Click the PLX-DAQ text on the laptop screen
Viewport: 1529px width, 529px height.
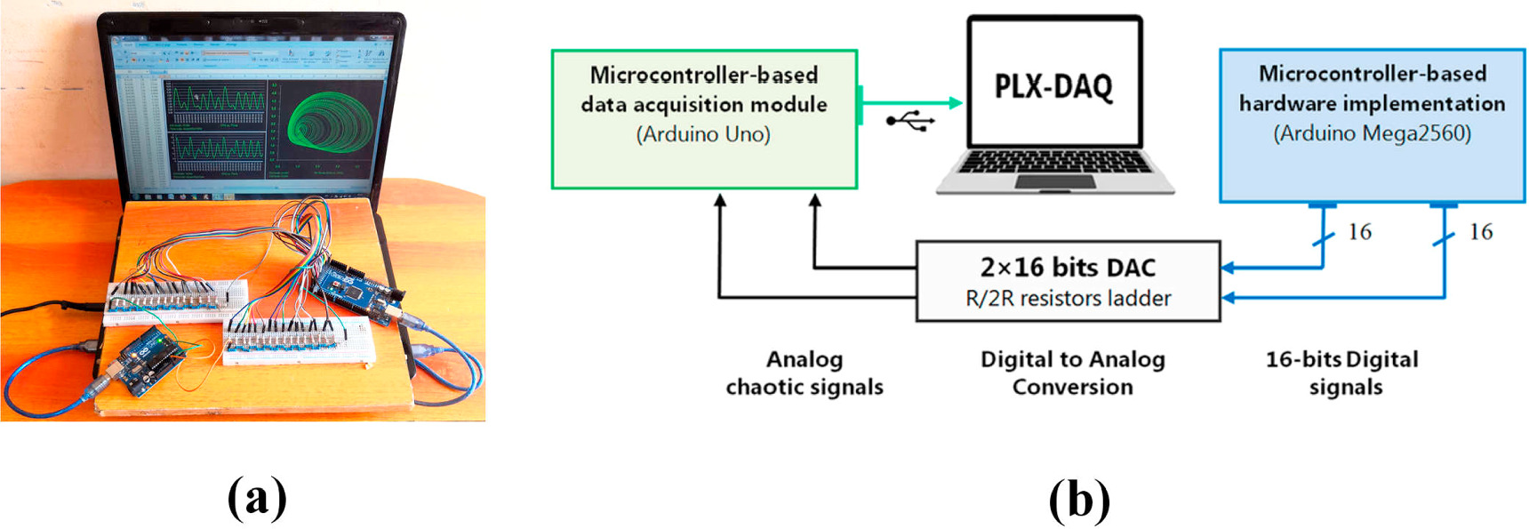(x=1053, y=87)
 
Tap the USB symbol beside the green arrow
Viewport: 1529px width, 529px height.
(x=910, y=121)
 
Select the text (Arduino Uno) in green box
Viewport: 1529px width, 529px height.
(x=703, y=134)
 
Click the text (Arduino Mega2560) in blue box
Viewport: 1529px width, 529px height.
(x=1372, y=133)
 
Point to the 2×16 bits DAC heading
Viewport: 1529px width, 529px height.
(x=1068, y=267)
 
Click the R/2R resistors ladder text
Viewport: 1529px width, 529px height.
(x=1068, y=299)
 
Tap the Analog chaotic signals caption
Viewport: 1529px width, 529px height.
(x=805, y=373)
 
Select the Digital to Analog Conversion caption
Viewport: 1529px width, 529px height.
(x=1072, y=373)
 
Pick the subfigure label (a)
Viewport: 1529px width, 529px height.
(x=257, y=497)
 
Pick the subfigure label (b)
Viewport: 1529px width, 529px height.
(x=1079, y=500)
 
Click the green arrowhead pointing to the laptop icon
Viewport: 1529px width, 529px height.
(x=956, y=103)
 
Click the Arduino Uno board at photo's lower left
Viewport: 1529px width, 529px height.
(x=147, y=360)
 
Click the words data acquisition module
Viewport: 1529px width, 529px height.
(x=703, y=105)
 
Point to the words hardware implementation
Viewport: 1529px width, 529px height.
(x=1372, y=104)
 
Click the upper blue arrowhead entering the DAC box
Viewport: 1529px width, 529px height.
(x=1228, y=267)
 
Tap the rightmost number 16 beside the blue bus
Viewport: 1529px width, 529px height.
(x=1480, y=232)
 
